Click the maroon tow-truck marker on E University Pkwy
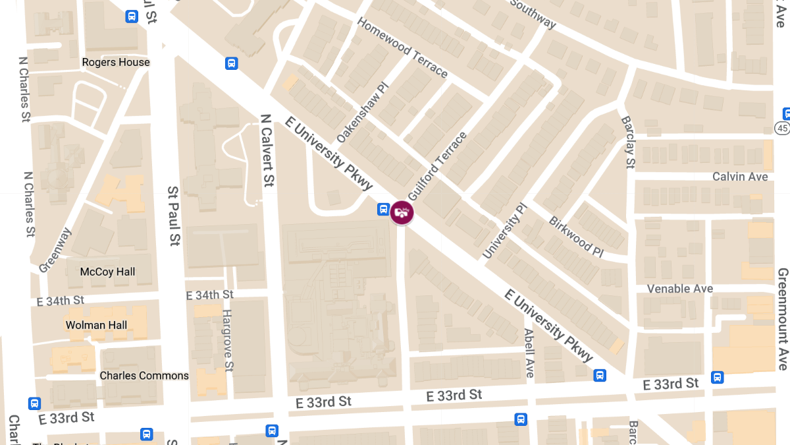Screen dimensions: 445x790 point(402,212)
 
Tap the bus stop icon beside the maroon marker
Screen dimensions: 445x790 point(383,210)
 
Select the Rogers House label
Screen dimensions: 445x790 point(116,62)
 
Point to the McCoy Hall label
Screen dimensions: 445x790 point(107,272)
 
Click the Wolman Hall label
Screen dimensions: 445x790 point(96,325)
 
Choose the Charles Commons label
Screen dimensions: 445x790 point(144,376)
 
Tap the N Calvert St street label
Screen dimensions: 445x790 point(267,150)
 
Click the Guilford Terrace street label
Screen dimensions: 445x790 point(437,166)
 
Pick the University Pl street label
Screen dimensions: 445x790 point(506,231)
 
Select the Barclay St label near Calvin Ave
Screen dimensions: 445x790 point(628,142)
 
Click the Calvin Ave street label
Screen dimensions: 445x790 point(740,177)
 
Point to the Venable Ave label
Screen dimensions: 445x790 point(680,289)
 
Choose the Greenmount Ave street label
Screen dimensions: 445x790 point(783,318)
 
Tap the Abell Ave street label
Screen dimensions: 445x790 point(529,353)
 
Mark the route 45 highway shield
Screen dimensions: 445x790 point(782,127)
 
